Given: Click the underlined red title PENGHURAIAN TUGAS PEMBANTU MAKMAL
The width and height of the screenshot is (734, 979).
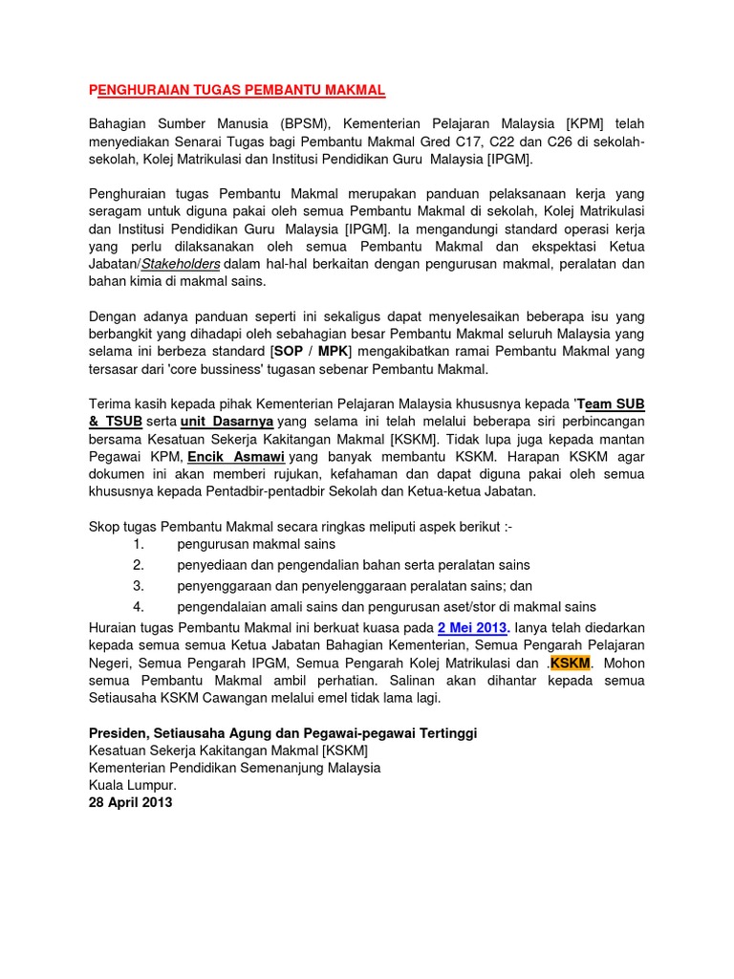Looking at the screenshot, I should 237,90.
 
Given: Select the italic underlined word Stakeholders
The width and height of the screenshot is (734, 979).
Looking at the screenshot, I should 181,263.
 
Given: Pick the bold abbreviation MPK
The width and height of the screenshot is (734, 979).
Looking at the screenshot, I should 334,351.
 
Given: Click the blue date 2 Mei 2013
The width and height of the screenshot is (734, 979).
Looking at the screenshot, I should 473,627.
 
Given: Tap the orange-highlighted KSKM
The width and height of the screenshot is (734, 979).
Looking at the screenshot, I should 572,663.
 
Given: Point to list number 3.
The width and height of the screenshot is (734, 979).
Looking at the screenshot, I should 139,585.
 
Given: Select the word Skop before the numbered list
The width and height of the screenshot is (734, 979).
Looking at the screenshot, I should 105,527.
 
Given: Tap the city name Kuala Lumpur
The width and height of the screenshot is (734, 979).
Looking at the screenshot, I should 133,785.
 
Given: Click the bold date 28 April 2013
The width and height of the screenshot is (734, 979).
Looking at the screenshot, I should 131,802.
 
